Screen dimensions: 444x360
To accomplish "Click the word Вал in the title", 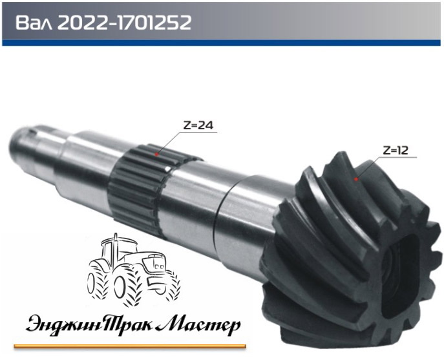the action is point(34,23).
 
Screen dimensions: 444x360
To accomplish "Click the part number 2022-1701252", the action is point(124,23).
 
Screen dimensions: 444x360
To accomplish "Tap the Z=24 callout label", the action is point(198,125).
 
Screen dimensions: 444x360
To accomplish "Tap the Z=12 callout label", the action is point(396,150).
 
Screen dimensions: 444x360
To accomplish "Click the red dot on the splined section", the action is point(156,154).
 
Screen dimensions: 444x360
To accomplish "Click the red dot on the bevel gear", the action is point(356,179).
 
